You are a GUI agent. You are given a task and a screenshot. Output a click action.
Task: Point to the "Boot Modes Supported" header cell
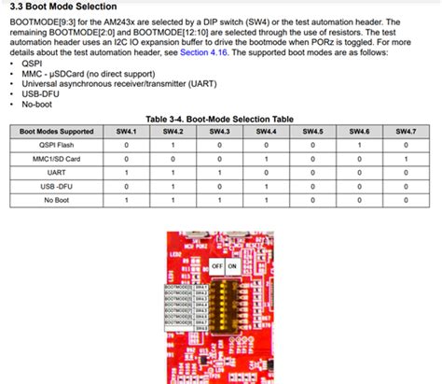tap(56, 132)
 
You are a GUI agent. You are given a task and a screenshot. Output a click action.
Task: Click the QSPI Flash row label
tap(56, 146)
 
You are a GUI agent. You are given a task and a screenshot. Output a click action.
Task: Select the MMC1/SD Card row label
tap(56, 159)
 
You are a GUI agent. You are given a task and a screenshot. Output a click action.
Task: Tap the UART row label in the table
tap(56, 173)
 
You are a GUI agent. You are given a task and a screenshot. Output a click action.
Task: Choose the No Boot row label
tap(56, 200)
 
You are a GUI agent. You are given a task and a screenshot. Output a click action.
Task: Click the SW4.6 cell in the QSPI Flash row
tap(359, 146)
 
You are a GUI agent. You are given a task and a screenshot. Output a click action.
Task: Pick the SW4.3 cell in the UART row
tap(219, 173)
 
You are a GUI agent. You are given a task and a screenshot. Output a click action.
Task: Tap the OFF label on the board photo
tap(215, 264)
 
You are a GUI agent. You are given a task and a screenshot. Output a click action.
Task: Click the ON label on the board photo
tap(232, 264)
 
